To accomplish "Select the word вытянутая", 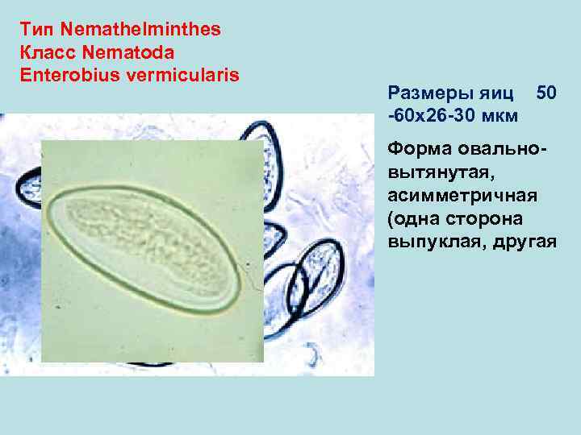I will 437,172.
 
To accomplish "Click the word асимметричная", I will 455,196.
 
